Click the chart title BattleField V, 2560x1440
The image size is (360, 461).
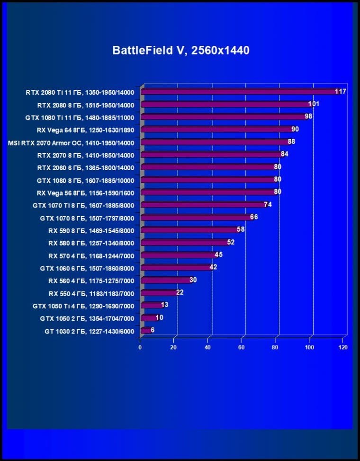click(x=180, y=50)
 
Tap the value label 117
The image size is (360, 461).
click(x=340, y=91)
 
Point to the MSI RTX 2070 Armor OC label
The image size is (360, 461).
click(x=71, y=143)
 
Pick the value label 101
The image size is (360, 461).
click(x=314, y=104)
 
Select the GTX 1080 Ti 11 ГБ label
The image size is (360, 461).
click(x=80, y=118)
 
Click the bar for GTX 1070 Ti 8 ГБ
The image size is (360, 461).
click(x=204, y=205)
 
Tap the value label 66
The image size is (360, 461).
click(x=254, y=217)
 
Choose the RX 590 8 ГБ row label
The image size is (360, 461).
click(x=91, y=231)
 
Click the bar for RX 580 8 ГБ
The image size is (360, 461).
click(x=185, y=242)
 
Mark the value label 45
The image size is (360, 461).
click(x=218, y=255)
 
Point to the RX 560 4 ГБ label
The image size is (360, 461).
click(x=91, y=281)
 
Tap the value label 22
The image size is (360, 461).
click(x=180, y=292)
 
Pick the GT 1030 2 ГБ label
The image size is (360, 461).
click(x=90, y=331)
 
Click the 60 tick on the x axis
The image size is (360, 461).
click(x=242, y=347)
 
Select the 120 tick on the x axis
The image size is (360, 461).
click(x=343, y=347)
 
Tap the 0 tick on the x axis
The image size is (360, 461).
click(x=140, y=347)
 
